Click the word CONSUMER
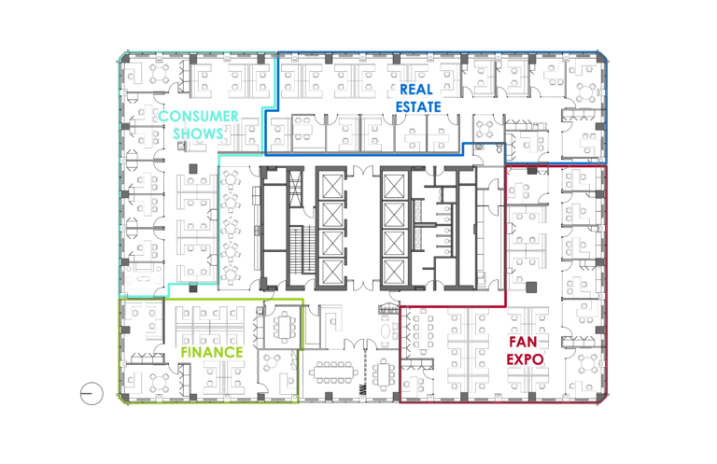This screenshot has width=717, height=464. tap(199, 116)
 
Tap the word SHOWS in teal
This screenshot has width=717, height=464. tap(198, 134)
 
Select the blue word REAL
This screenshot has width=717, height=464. tap(416, 89)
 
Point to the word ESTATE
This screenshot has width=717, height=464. tap(418, 107)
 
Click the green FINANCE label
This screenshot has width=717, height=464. tap(212, 352)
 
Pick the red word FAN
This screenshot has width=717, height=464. tap(523, 342)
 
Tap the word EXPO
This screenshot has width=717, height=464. tap(525, 359)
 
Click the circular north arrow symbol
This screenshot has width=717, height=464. tap(91, 393)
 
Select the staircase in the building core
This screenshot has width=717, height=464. tap(302, 249)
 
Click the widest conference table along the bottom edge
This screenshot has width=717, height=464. tap(333, 373)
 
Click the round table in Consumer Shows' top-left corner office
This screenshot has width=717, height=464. tap(160, 74)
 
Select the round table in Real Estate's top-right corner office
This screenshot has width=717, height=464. tap(585, 92)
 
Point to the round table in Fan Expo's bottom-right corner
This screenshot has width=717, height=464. tap(585, 364)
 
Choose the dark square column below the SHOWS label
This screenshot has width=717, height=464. tap(193, 169)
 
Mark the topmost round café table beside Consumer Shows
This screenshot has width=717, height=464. tap(230, 178)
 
